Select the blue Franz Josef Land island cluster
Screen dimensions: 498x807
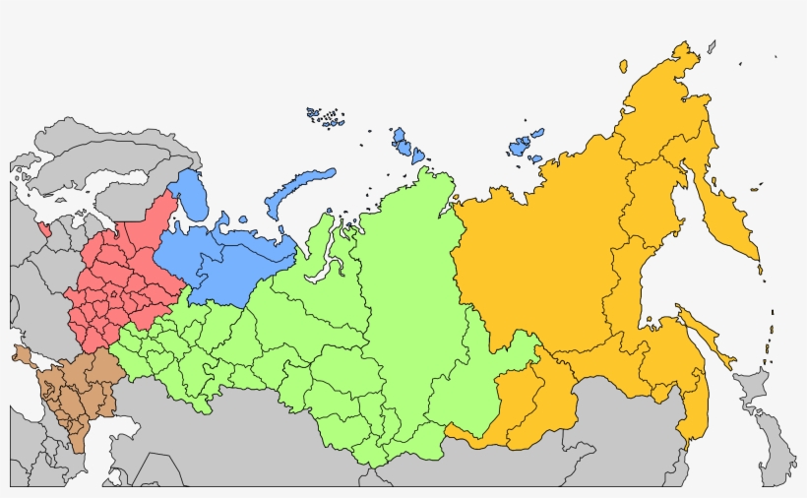tap(326, 117)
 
